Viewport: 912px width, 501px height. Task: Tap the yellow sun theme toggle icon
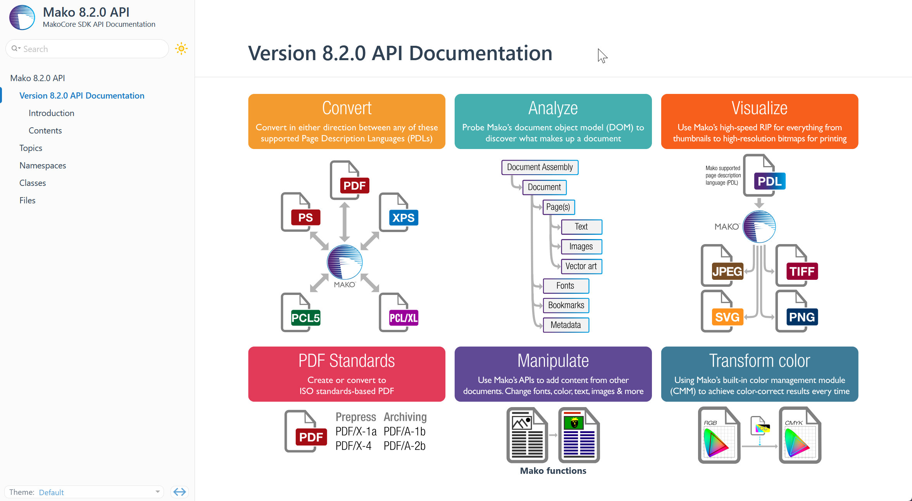[x=181, y=49]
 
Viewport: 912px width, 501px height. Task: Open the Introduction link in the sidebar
[x=51, y=113]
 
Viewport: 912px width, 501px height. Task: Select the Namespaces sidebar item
[x=43, y=165]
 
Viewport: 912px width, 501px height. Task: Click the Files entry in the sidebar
[x=27, y=200]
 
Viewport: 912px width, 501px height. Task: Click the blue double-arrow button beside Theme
[x=179, y=492]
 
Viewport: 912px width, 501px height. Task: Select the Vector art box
[x=581, y=266]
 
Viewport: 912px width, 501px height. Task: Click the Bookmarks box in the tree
[x=566, y=305]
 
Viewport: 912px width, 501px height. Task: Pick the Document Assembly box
[x=540, y=167]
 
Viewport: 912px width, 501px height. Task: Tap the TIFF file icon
[x=796, y=266]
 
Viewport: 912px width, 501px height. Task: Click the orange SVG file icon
[x=722, y=312]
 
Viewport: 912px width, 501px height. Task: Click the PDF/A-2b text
[x=404, y=446]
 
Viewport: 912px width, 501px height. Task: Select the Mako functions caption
[x=553, y=471]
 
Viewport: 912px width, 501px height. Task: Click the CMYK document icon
[x=800, y=435]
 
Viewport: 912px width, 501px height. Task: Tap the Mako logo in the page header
[x=22, y=17]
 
